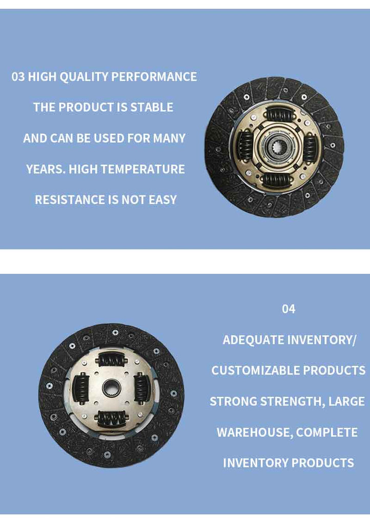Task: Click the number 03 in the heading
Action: coord(18,77)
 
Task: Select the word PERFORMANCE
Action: coord(154,77)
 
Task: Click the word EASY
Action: coord(162,200)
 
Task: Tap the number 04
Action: coord(289,309)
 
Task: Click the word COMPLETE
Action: coord(327,432)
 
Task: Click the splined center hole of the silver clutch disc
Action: coord(111,389)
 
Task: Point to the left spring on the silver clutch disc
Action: coord(80,389)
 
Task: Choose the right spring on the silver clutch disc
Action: coord(141,389)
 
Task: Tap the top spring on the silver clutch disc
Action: coord(112,360)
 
